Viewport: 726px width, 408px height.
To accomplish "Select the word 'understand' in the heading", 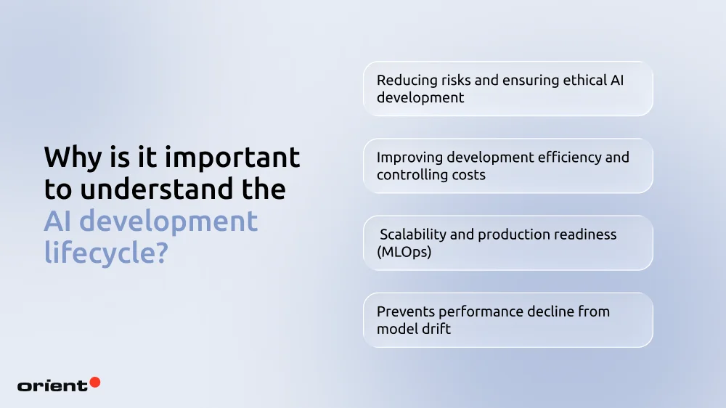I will coord(151,189).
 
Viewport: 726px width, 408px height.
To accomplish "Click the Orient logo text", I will coord(52,385).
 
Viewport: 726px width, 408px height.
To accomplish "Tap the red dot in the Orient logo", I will coord(94,382).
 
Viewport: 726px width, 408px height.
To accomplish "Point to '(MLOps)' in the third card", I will coord(404,252).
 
